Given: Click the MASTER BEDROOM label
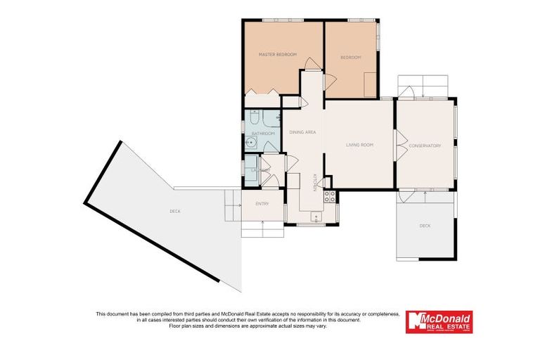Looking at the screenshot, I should [x=277, y=54].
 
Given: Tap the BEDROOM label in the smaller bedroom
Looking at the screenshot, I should [x=350, y=57].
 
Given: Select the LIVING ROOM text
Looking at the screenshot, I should [x=359, y=145].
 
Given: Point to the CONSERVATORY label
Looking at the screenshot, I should [x=425, y=146].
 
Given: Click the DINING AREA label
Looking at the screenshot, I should [x=302, y=132].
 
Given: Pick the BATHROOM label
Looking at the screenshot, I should [x=262, y=133].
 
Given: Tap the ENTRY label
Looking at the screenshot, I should [x=262, y=204].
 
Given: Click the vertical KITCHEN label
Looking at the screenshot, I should [x=314, y=181].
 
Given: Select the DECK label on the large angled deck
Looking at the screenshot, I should [x=174, y=211].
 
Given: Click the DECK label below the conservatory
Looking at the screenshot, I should [x=425, y=226].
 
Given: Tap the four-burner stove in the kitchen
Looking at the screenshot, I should [x=328, y=195].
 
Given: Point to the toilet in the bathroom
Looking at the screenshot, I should [x=255, y=117].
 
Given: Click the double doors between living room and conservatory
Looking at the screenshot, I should [x=398, y=146].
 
